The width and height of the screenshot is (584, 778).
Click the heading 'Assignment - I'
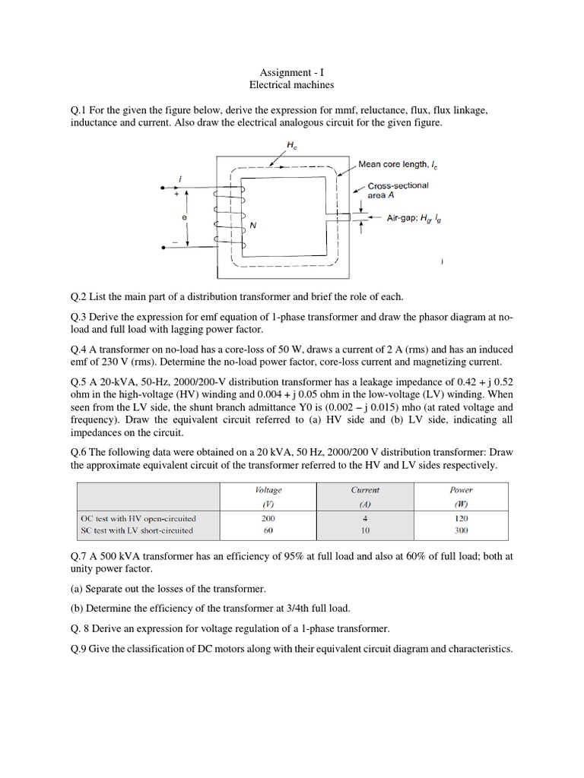point(292,72)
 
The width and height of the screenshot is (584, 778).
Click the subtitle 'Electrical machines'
point(292,86)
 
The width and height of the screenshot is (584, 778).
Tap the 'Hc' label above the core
point(294,144)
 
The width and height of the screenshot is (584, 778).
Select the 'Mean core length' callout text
point(402,163)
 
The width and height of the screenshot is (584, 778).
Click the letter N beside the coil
point(253,226)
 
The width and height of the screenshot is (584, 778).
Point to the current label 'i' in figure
point(180,179)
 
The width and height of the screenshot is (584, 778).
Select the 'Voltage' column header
point(268,490)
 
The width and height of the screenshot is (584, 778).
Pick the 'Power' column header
point(462,490)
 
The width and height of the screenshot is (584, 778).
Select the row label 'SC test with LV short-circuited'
point(137,530)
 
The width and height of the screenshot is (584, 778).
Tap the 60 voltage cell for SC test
point(268,530)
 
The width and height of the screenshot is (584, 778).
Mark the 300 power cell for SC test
point(462,530)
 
